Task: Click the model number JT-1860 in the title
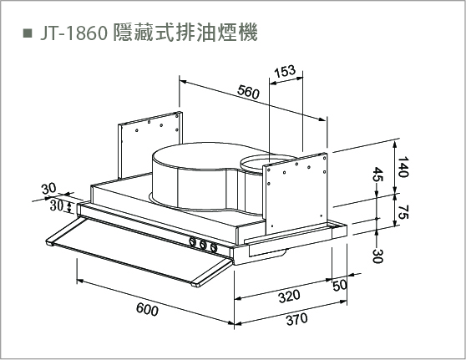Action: tap(73, 33)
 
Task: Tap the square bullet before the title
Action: tap(28, 33)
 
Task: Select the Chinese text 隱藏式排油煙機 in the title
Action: tap(185, 32)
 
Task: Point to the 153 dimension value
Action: tap(285, 71)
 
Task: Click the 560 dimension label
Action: tap(249, 92)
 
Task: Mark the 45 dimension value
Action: tap(378, 175)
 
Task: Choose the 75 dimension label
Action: tap(403, 212)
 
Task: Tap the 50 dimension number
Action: tap(340, 286)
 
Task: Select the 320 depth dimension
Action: tap(289, 297)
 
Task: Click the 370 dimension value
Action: tap(296, 320)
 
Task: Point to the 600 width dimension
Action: tap(147, 309)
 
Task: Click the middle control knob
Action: tap(203, 245)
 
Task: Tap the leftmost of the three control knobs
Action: tap(193, 241)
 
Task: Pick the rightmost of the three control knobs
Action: tap(214, 247)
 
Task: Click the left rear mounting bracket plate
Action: tap(150, 145)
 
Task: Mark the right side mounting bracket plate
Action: tap(295, 193)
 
